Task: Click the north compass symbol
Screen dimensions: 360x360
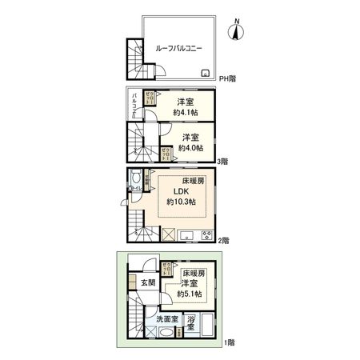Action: click(x=234, y=32)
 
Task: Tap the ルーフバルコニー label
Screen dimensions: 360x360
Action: click(x=178, y=48)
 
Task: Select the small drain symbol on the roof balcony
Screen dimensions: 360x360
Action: click(x=206, y=74)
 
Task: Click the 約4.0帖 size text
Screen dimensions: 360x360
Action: click(x=190, y=147)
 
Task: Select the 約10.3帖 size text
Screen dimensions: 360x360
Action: click(x=180, y=202)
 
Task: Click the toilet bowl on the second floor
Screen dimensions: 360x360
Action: click(x=135, y=178)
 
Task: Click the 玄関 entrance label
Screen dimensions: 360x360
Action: click(x=149, y=282)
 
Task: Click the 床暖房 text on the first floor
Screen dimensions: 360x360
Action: click(x=193, y=274)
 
